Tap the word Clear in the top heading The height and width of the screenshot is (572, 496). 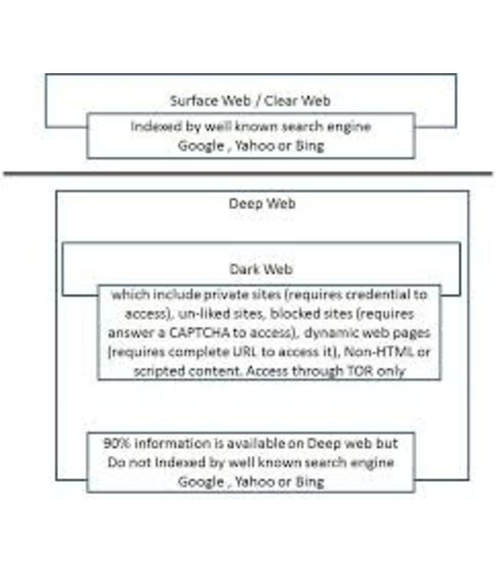coord(278,101)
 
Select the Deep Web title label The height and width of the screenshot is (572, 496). coord(262,204)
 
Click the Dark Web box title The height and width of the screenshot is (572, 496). coord(261,269)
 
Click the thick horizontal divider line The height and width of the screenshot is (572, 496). coord(248,174)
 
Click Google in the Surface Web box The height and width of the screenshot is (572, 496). coord(199,146)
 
